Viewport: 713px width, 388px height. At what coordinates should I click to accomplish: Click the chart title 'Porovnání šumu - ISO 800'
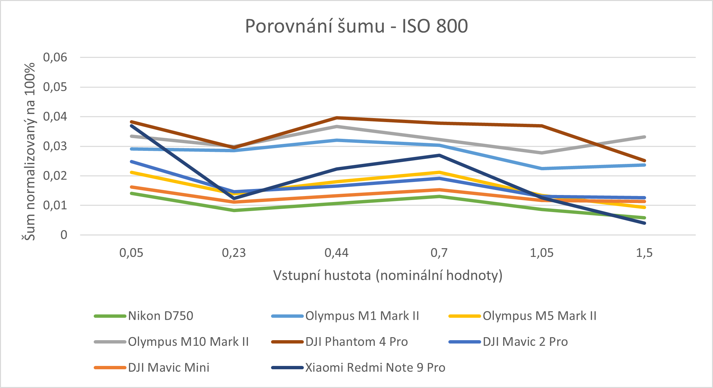[356, 26]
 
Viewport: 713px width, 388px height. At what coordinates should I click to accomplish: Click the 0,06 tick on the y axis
[55, 57]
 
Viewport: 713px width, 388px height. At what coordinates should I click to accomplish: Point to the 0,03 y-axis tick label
[55, 146]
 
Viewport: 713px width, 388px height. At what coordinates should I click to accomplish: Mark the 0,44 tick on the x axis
[337, 253]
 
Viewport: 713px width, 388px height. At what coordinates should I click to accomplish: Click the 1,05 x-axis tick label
[542, 253]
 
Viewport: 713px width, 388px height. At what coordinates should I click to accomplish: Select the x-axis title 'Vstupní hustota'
[388, 275]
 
